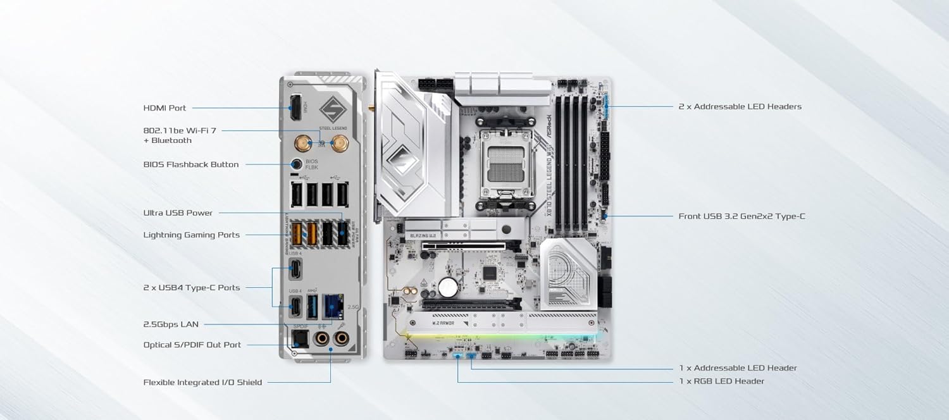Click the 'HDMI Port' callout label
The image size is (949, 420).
[x=164, y=108]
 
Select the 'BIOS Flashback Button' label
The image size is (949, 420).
[x=191, y=164]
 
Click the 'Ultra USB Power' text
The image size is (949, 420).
[x=178, y=213]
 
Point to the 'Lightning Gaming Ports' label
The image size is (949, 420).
[x=192, y=235]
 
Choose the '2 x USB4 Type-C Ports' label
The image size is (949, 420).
[x=192, y=288]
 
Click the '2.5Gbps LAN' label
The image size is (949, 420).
[x=171, y=324]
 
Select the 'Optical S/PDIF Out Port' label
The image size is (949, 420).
[x=192, y=345]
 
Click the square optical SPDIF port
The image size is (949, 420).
[x=298, y=338]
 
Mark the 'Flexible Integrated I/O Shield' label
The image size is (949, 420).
[x=202, y=382]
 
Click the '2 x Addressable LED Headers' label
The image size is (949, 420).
[x=740, y=107]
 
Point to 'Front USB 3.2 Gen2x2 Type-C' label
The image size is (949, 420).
[x=741, y=216]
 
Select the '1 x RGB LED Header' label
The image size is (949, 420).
[x=721, y=381]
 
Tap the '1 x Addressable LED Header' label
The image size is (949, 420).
[x=738, y=368]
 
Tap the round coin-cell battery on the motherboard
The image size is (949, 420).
[x=448, y=287]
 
